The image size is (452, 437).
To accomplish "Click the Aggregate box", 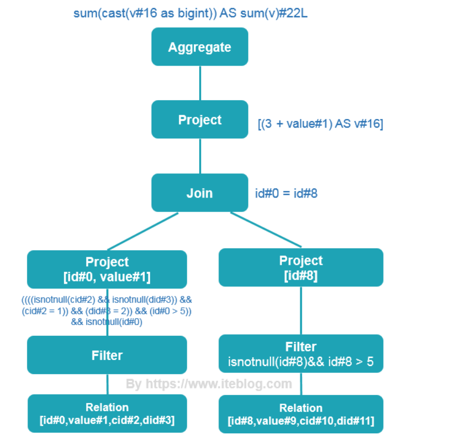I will tap(200, 47).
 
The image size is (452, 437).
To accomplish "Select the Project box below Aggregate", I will tap(200, 119).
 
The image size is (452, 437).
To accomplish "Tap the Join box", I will tap(200, 193).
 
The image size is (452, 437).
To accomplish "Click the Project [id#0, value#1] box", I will tap(107, 269).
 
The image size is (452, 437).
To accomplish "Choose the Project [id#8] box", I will tap(301, 267).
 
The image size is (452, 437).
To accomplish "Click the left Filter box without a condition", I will tap(107, 355).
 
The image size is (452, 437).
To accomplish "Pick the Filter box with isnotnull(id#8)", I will tap(301, 354).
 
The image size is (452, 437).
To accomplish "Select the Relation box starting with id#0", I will tap(107, 413).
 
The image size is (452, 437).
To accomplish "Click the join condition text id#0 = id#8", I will tap(286, 193).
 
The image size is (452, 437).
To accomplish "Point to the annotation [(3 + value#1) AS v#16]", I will tap(320, 124).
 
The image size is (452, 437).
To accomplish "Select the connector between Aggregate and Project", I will tap(200, 83).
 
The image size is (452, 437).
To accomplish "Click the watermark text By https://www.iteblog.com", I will tap(209, 384).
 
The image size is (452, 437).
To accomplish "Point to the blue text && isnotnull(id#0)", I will tap(107, 322).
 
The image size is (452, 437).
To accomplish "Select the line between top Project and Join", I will tap(200, 156).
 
